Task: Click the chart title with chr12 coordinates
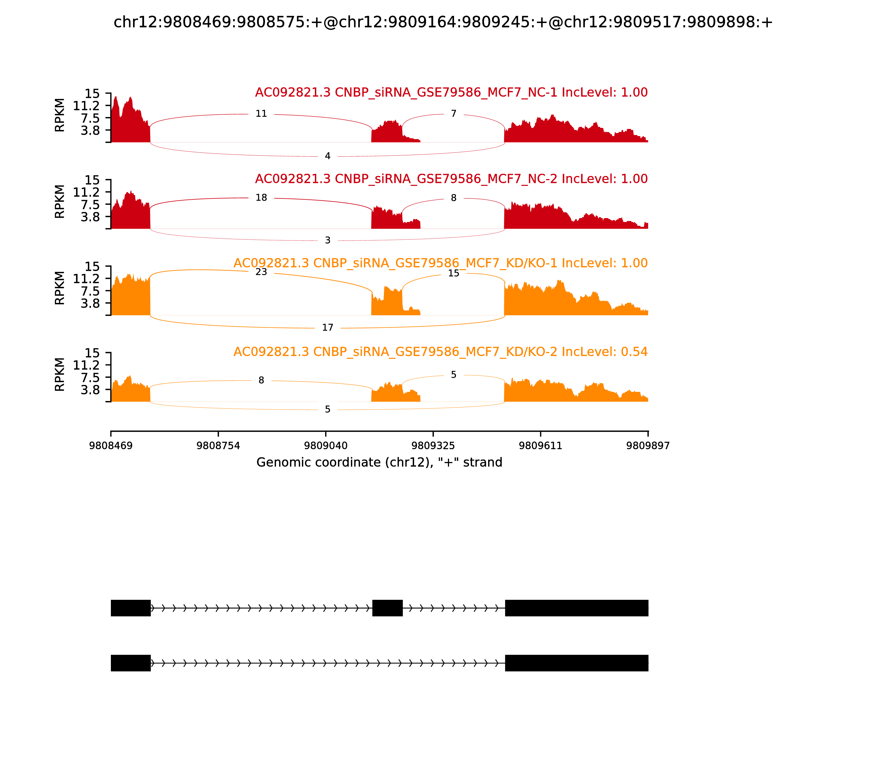[443, 22]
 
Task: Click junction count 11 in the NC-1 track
[261, 114]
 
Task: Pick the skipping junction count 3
[327, 240]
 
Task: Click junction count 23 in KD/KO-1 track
[261, 272]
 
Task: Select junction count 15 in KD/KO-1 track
[453, 273]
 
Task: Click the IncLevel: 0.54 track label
[440, 352]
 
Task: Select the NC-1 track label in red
[451, 92]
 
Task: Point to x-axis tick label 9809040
[326, 446]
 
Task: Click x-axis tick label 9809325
[433, 446]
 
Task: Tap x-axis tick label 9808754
[218, 446]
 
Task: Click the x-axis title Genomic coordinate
[379, 463]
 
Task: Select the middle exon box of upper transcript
[387, 608]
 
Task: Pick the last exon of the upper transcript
[577, 608]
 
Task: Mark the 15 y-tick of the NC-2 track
[92, 180]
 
